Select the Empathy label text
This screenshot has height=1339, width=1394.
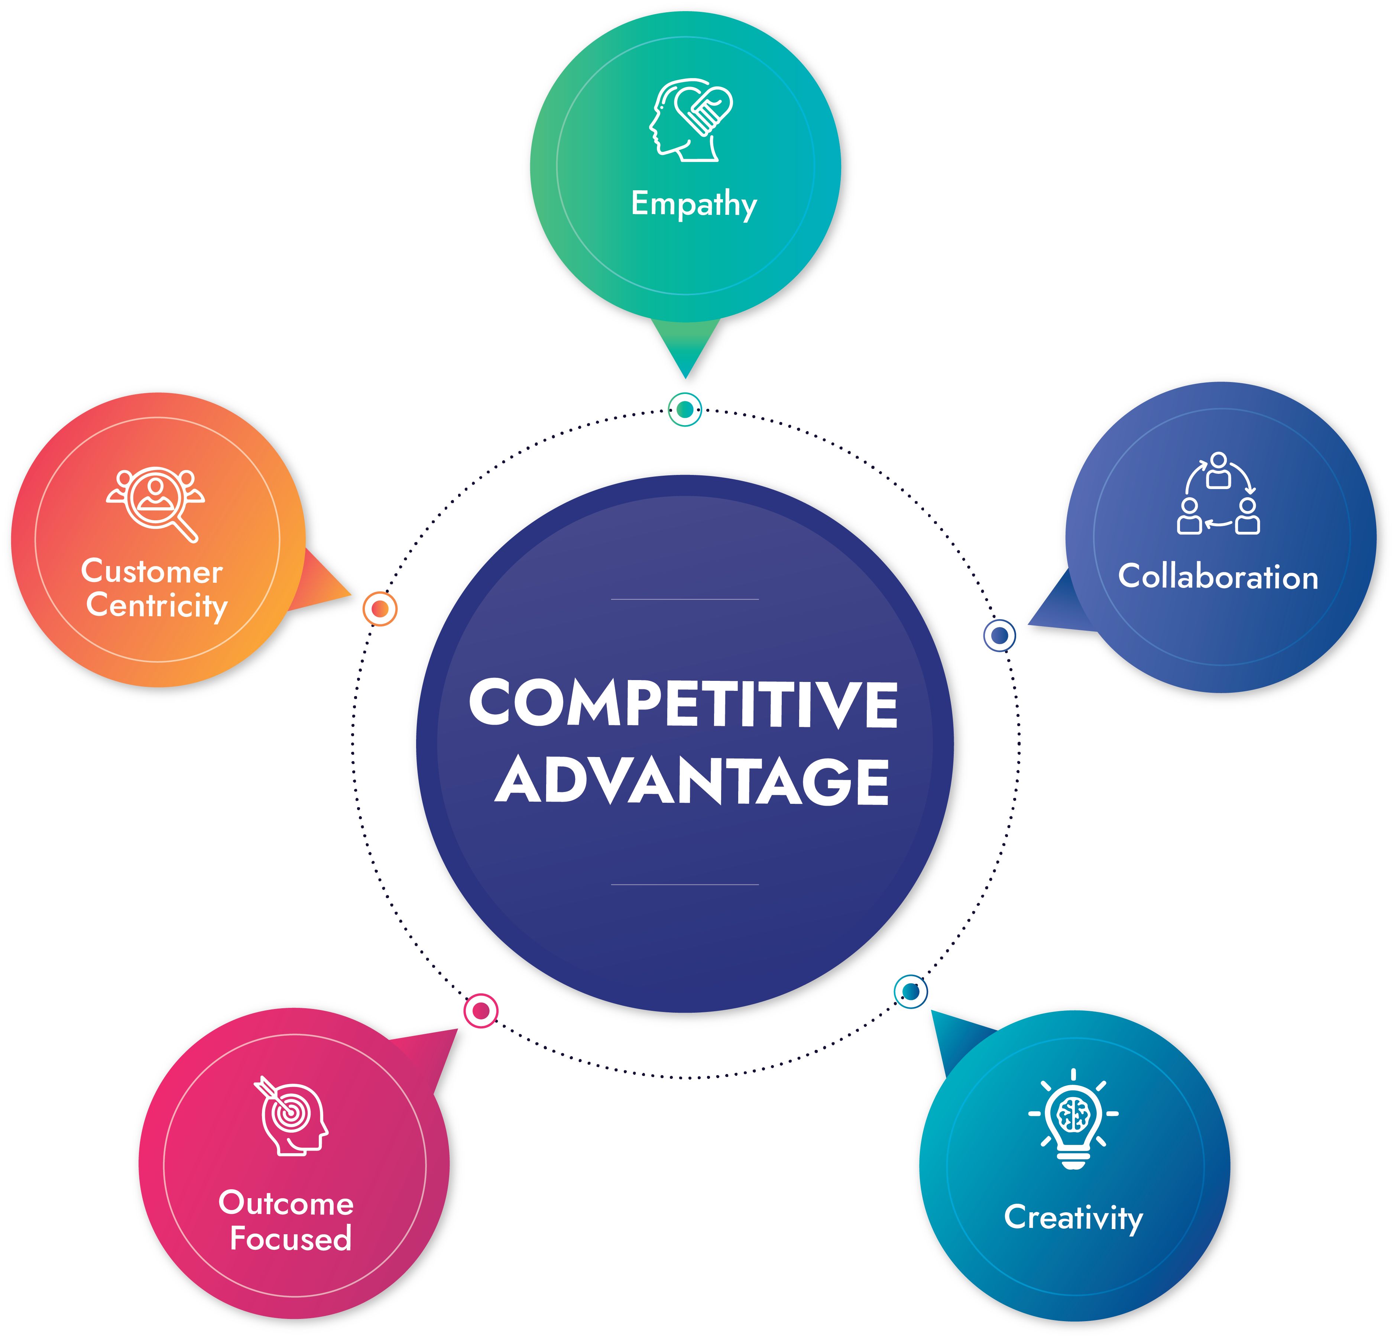click(x=693, y=204)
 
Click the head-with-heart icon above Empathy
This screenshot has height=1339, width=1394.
click(x=690, y=120)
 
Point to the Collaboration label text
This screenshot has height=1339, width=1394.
click(x=1218, y=576)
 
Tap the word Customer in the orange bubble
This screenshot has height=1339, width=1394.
click(x=152, y=571)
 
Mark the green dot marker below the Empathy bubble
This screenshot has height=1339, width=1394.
click(x=685, y=409)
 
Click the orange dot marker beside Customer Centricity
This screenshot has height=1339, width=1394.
click(x=380, y=609)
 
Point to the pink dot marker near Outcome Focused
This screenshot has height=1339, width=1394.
click(x=481, y=1010)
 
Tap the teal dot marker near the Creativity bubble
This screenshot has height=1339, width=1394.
click(x=910, y=991)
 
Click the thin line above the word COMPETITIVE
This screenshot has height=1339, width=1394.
click(x=684, y=599)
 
